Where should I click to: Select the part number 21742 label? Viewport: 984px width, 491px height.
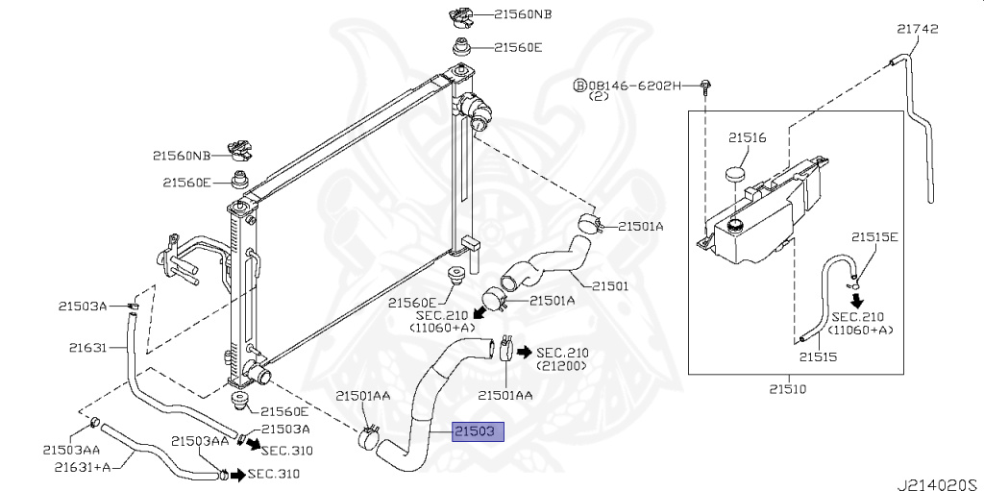click(917, 31)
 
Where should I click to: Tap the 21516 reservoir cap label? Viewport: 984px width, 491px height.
click(747, 138)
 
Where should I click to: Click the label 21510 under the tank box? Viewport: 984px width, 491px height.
click(787, 389)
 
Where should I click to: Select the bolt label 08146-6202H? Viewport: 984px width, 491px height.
click(635, 86)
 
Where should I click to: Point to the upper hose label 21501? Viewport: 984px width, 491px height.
click(609, 285)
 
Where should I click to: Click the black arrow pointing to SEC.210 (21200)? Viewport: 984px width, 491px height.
click(525, 352)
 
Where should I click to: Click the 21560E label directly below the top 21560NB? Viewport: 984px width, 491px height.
click(518, 46)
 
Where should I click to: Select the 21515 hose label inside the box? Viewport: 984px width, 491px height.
click(818, 356)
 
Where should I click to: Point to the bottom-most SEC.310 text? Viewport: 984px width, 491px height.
click(274, 474)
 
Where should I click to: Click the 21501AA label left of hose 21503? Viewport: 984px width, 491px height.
click(362, 395)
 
